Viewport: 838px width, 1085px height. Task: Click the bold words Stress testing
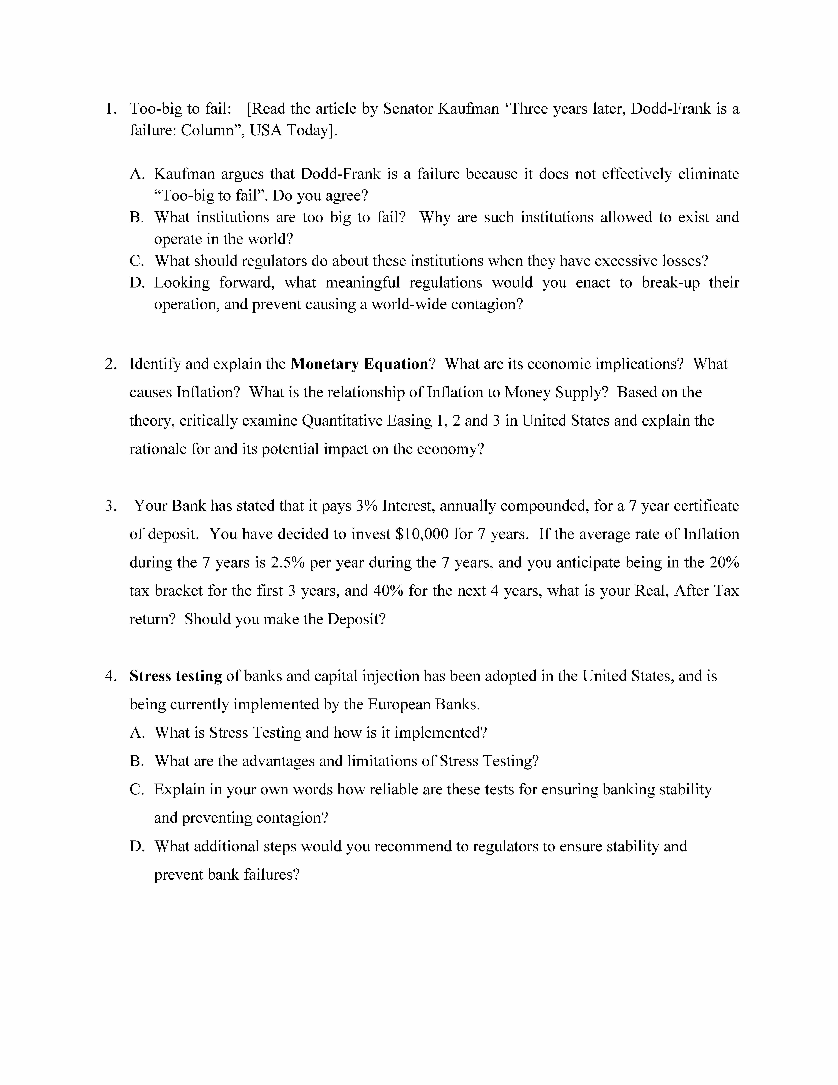(x=176, y=676)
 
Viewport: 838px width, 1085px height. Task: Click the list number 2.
(x=110, y=364)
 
